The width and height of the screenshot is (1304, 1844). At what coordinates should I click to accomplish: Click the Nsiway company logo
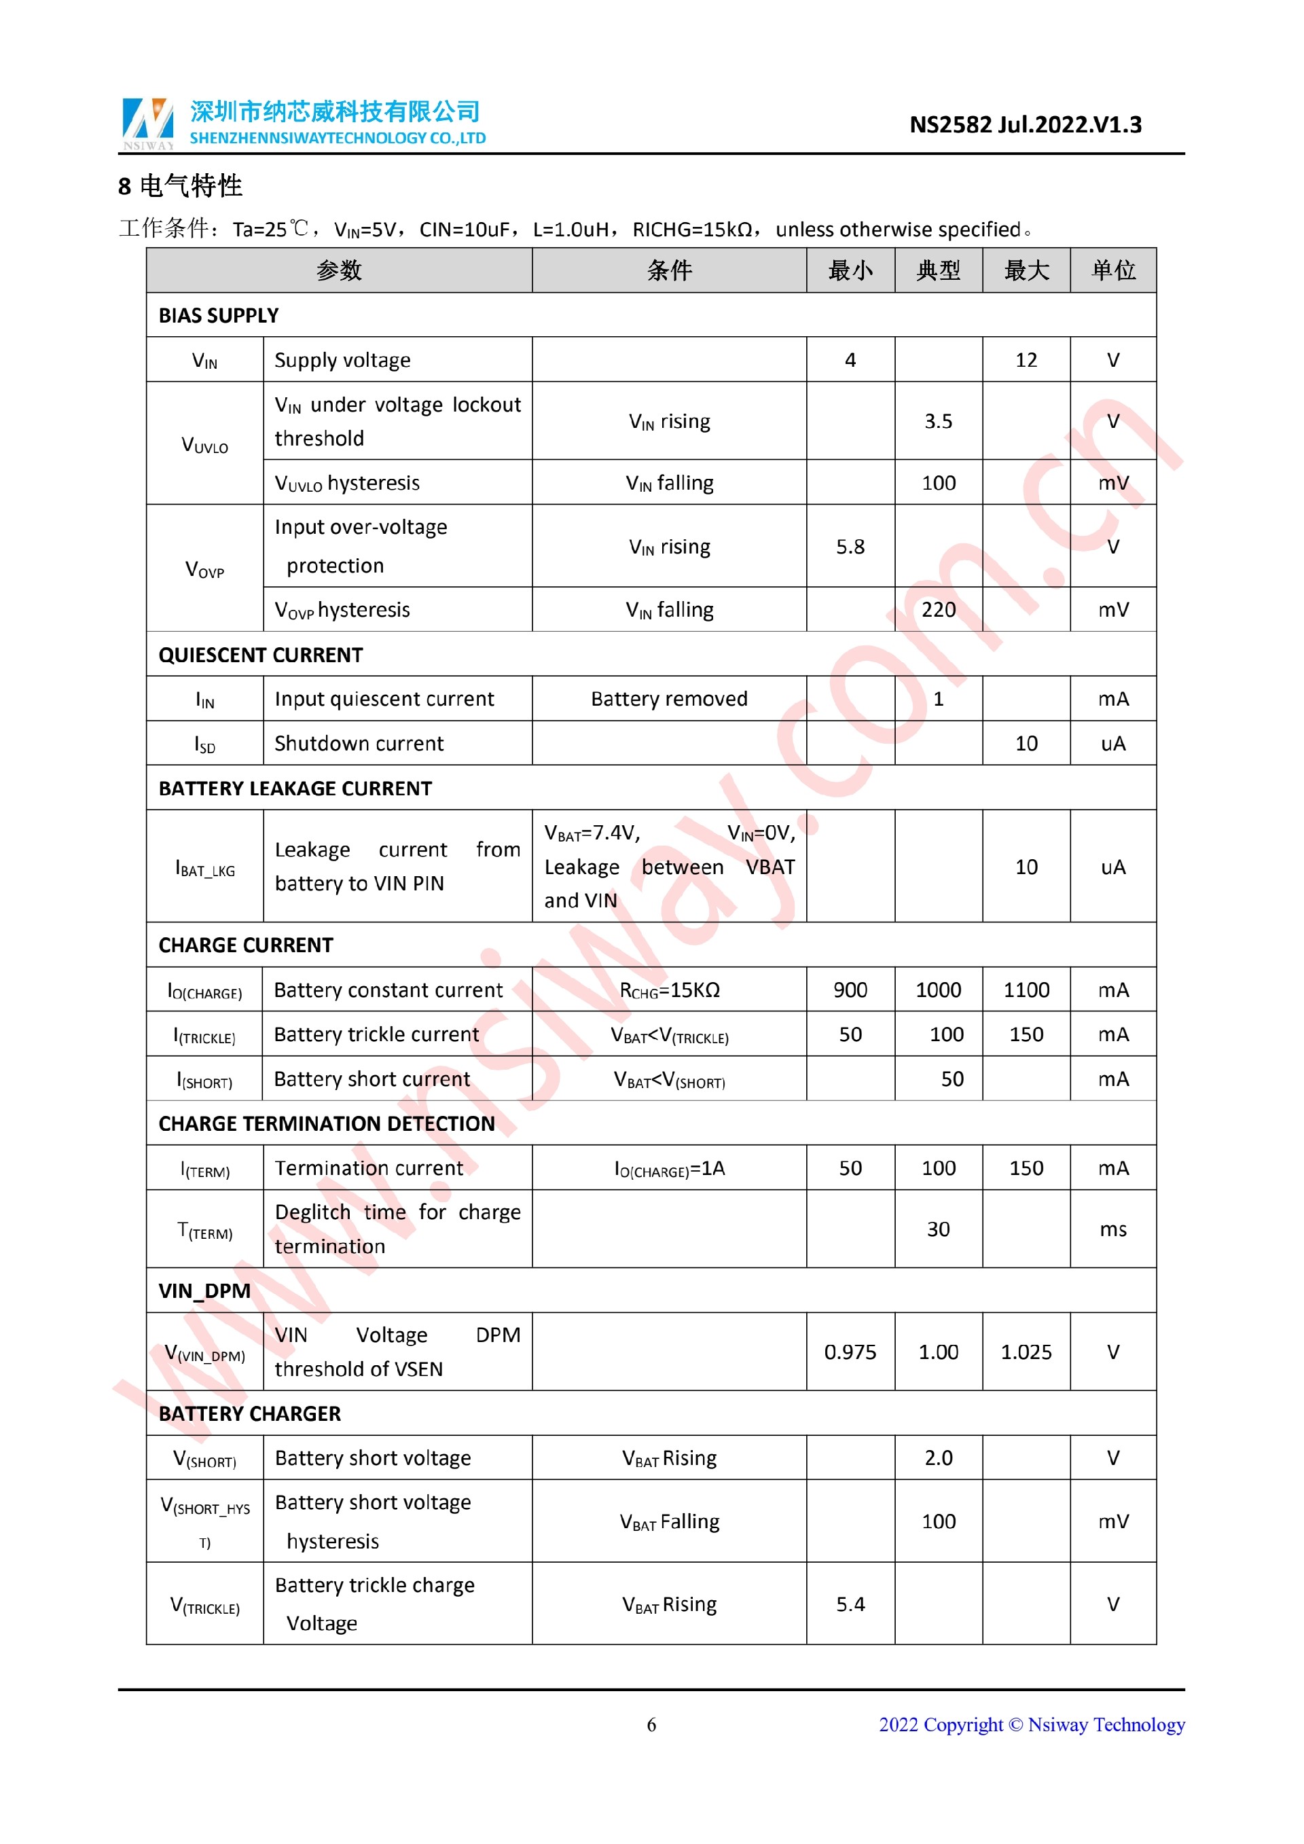pos(148,124)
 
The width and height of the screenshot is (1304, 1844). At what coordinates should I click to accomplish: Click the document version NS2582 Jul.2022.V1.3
pos(1025,125)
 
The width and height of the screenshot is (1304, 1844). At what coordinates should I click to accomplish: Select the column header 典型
pos(938,270)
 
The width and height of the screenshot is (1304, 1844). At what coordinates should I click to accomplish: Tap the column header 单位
pos(1113,270)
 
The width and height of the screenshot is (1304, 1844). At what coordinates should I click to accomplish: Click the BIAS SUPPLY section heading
pos(219,316)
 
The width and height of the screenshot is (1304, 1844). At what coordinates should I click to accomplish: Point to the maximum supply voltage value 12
pos(1026,360)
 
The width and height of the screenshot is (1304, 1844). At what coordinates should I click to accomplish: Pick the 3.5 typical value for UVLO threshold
pos(938,422)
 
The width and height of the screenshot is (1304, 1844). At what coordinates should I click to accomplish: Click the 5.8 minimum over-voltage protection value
pos(850,547)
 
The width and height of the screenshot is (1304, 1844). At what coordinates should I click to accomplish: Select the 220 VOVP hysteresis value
pos(938,610)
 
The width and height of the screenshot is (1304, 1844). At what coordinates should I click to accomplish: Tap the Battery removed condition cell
pos(669,699)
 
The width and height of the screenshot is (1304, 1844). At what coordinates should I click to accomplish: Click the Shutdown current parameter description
pos(359,744)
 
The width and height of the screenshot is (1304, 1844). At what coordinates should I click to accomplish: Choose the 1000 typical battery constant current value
pos(938,990)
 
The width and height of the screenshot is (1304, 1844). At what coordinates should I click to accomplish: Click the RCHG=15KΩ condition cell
pos(669,990)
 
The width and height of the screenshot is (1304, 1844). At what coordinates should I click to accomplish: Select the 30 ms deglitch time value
pos(938,1229)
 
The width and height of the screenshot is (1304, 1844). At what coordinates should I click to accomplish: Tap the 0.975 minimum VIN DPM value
pos(850,1352)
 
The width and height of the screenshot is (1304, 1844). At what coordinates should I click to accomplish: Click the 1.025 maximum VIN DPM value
pos(1026,1352)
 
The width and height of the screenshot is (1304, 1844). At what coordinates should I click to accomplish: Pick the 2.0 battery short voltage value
pos(938,1458)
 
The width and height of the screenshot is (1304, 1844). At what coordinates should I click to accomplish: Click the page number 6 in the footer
pos(651,1724)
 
